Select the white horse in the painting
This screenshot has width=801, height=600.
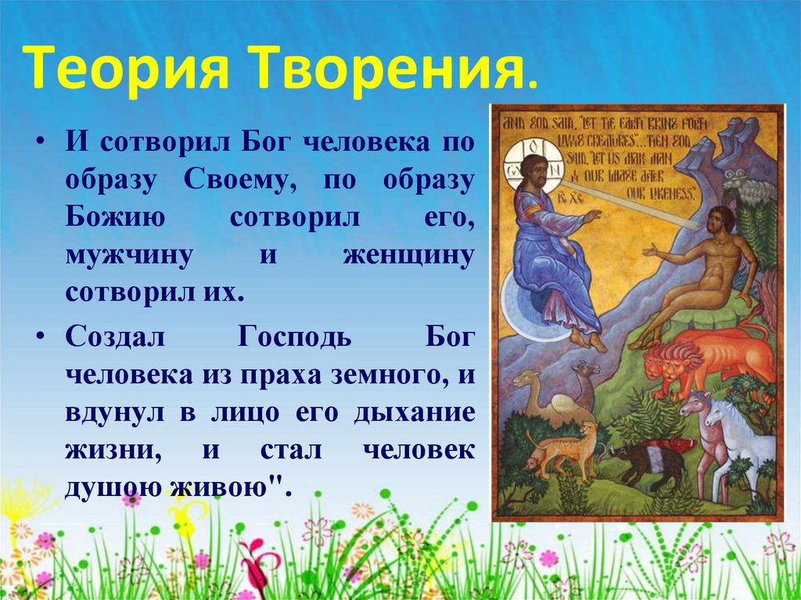click(x=738, y=438)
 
